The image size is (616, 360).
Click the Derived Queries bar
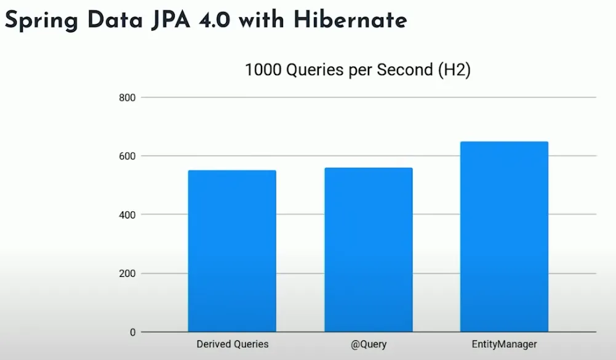tap(232, 251)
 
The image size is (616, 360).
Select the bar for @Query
tap(368, 250)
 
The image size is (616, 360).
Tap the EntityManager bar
tap(504, 237)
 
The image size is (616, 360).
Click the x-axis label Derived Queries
tap(233, 345)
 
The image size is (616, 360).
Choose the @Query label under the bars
tap(369, 345)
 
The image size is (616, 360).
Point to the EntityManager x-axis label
tap(505, 345)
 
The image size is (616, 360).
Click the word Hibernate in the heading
tap(350, 20)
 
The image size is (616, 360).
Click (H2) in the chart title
tap(454, 70)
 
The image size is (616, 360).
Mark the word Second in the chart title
tap(404, 70)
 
